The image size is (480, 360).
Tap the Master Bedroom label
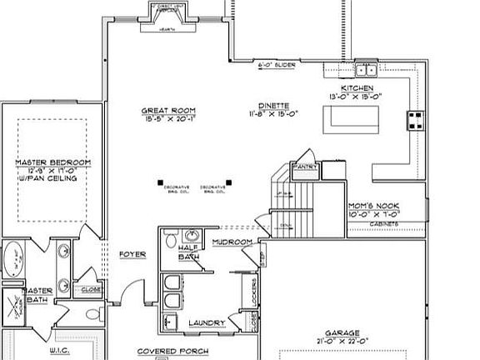[52, 162]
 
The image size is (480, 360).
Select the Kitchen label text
[357, 88]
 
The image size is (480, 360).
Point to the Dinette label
[273, 106]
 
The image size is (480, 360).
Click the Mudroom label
[232, 242]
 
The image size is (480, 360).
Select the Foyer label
[133, 253]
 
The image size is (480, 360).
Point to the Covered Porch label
[167, 352]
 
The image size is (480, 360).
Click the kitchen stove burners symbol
[413, 120]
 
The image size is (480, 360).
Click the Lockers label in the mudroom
[252, 291]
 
